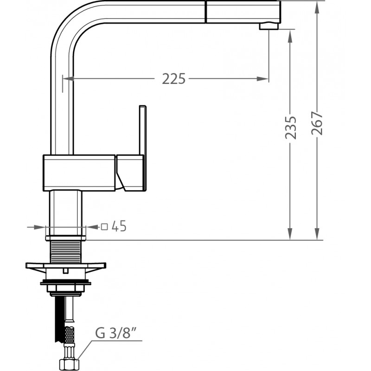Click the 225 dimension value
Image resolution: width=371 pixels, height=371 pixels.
point(173,79)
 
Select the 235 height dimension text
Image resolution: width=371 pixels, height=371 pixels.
point(291,127)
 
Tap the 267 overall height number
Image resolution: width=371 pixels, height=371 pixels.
point(317,123)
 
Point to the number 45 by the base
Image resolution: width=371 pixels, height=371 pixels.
point(119,226)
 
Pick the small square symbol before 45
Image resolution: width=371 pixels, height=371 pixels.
point(104,227)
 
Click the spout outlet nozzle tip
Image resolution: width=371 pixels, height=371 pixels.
point(269,26)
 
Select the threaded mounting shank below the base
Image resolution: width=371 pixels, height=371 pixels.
point(65,252)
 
